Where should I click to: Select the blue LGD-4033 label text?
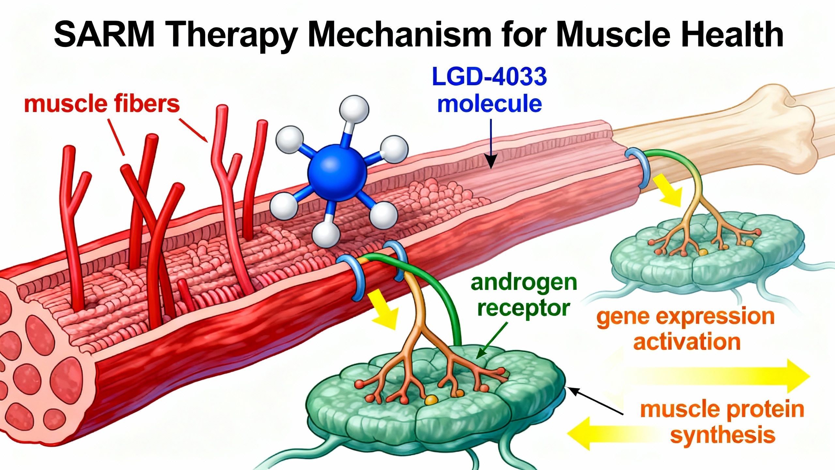(x=489, y=77)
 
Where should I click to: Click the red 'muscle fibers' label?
(x=102, y=104)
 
